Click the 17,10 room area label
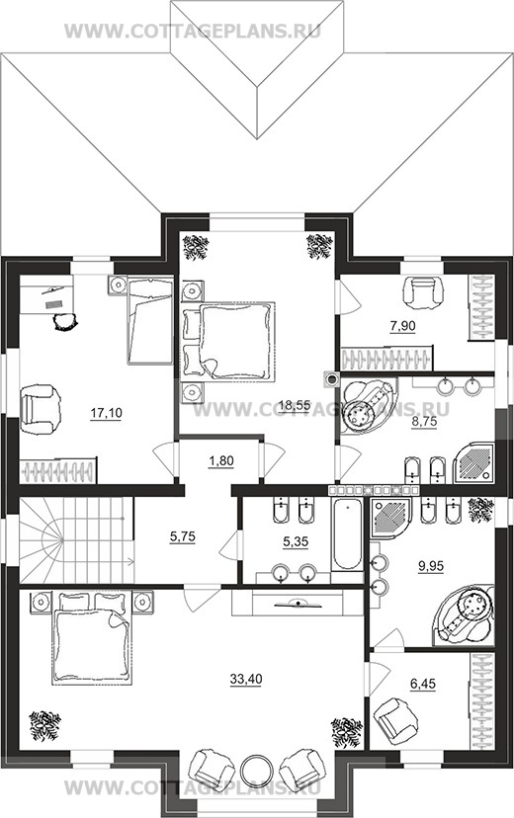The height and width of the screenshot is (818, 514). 107,414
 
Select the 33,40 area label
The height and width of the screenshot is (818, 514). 246,679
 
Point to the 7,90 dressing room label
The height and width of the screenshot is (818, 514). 402,327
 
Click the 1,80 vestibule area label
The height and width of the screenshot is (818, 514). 221,461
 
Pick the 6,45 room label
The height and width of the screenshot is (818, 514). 423,684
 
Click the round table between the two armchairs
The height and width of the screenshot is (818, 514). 257,769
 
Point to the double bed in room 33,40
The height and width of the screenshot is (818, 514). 92,636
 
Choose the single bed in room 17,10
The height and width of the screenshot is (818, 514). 150,321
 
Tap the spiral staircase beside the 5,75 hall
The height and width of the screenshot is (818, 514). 76,540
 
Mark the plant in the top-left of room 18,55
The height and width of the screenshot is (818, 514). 196,246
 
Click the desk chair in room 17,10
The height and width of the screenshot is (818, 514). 66,320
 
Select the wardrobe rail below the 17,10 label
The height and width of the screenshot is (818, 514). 58,471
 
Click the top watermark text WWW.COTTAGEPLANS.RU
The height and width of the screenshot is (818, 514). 193,31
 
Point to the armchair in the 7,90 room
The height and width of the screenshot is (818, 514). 423,291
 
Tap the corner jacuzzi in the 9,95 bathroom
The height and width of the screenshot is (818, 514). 464,615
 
